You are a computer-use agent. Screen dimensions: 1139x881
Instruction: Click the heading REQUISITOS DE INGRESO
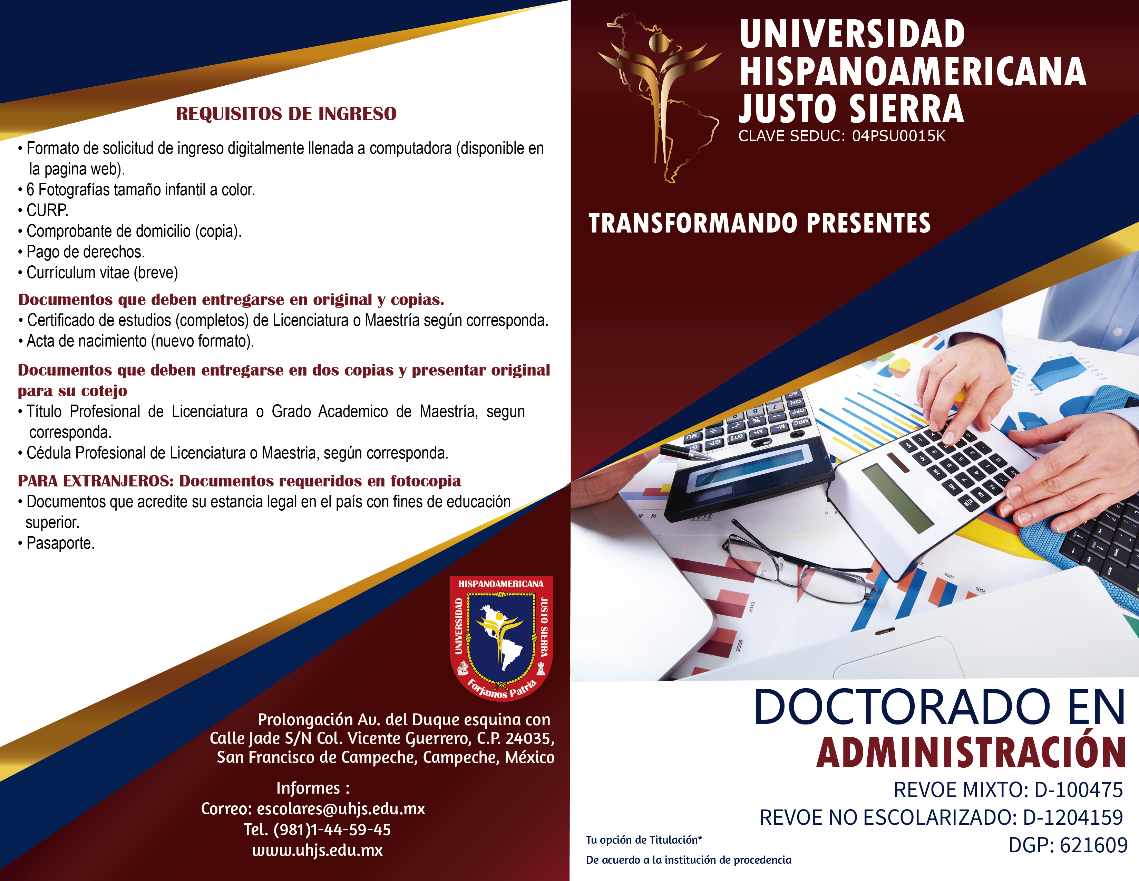click(286, 113)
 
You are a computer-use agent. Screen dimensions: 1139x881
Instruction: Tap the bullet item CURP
click(47, 210)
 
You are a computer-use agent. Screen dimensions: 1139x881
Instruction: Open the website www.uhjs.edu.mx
click(317, 850)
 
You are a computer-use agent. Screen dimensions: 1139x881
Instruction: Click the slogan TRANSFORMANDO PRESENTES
click(759, 224)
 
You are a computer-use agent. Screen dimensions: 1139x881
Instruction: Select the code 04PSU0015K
click(898, 136)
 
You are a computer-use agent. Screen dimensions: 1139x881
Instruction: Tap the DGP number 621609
click(1094, 845)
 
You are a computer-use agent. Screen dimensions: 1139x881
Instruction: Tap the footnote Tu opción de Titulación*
click(644, 840)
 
